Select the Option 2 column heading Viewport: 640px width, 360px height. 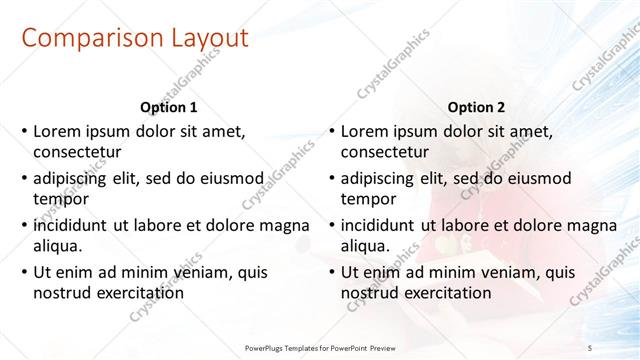point(476,106)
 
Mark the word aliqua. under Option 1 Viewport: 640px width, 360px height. point(58,246)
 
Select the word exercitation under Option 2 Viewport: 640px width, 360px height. point(446,293)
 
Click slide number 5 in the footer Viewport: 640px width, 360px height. point(590,346)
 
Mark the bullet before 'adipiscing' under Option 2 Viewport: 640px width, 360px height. point(330,178)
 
